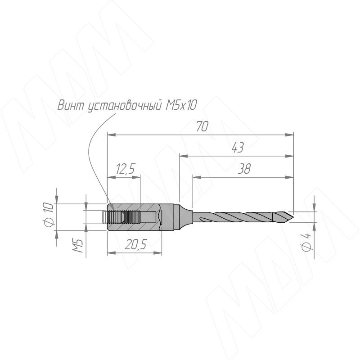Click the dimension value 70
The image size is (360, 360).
[202, 126]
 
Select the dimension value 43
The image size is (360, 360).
[238, 148]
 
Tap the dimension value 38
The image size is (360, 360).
[244, 169]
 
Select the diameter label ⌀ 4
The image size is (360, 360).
[306, 242]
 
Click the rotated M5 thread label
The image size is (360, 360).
[78, 246]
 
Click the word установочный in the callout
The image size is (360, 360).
[125, 106]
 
